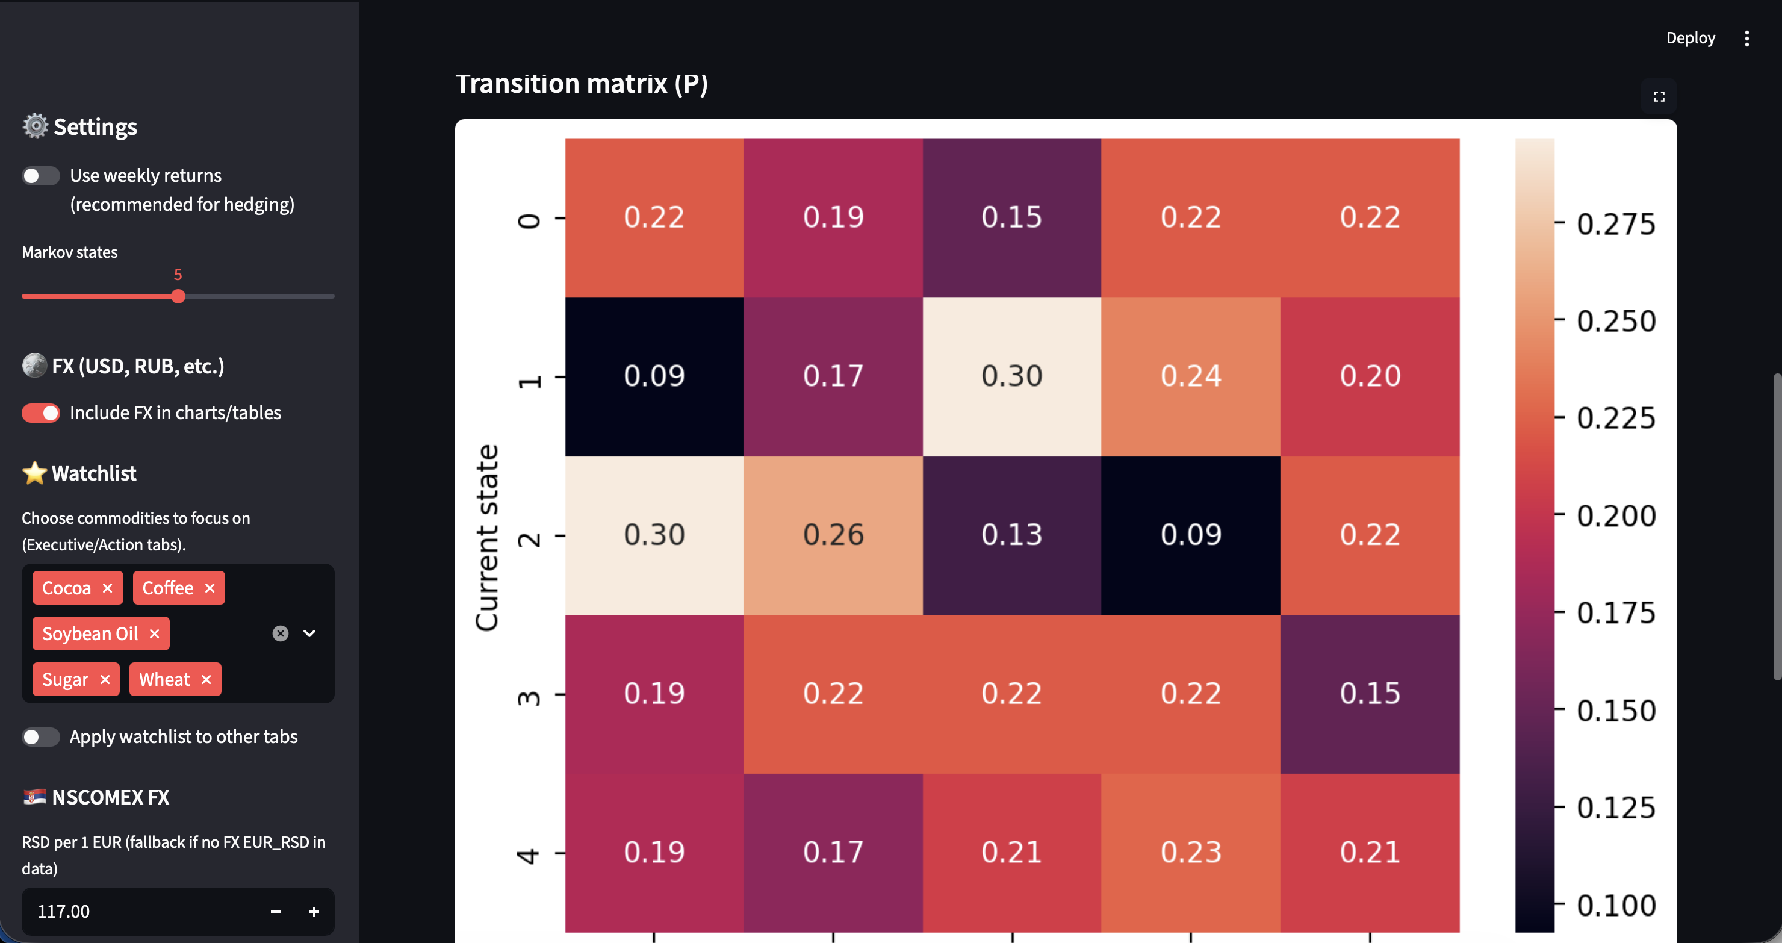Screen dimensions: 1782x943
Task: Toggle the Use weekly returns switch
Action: [x=41, y=176]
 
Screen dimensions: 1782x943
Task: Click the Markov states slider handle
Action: [x=178, y=296]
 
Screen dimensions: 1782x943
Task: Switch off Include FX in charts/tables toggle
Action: [x=41, y=413]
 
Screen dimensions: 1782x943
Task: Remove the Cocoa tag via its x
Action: [x=107, y=588]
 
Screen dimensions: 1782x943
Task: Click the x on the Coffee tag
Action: [x=210, y=588]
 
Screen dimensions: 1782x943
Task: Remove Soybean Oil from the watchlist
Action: [x=154, y=633]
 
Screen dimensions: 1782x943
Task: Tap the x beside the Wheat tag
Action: [x=205, y=679]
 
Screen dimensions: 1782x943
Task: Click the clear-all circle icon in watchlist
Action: [x=280, y=633]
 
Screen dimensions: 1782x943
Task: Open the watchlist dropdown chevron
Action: [x=309, y=633]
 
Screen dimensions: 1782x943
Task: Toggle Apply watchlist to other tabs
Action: [x=41, y=737]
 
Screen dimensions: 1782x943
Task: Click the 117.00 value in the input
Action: [x=64, y=911]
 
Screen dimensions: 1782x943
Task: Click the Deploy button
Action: [x=1690, y=38]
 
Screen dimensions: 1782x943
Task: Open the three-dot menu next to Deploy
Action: [x=1746, y=38]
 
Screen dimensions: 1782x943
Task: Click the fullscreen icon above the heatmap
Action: [x=1659, y=96]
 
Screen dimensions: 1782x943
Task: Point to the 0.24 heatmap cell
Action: [x=1191, y=376]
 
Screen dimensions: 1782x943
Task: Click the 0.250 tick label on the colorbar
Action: [x=1616, y=321]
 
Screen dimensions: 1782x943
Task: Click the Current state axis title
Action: [x=487, y=538]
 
